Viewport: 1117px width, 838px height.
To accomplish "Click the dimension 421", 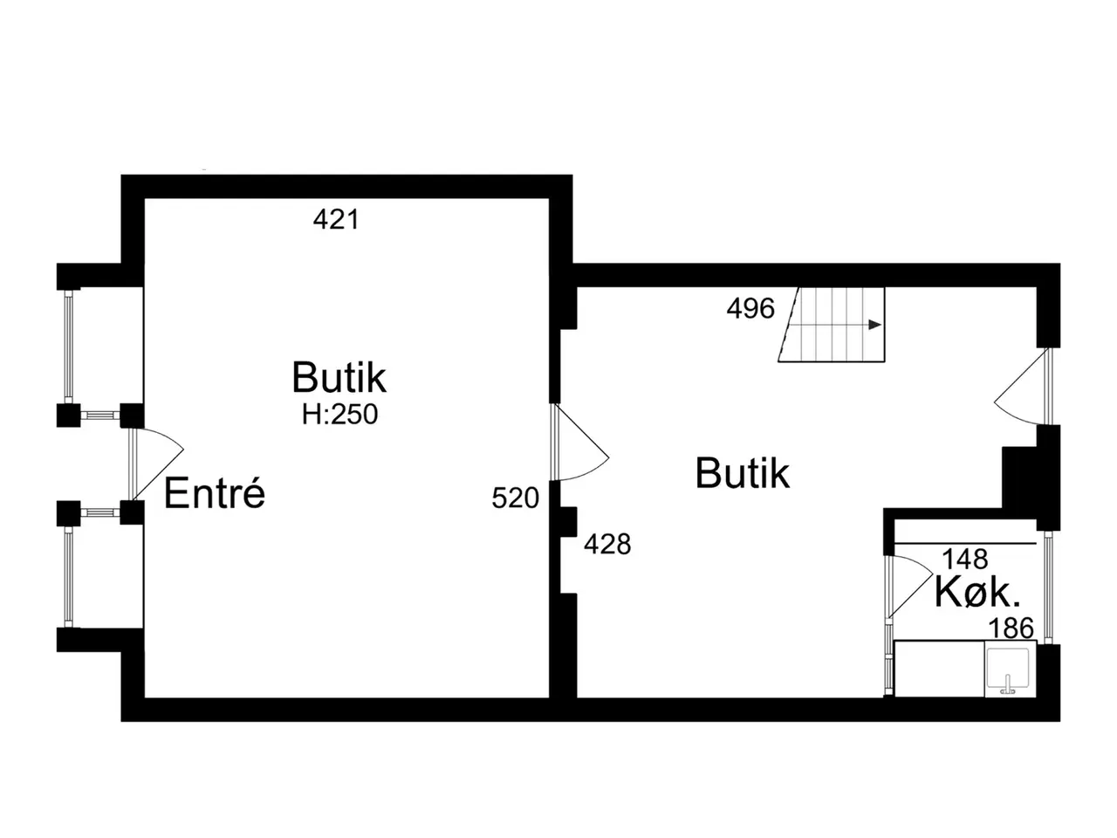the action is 336,220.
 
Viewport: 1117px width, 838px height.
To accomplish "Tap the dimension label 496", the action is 750,308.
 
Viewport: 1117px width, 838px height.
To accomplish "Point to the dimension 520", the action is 515,498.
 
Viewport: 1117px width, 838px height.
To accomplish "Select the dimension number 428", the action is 607,544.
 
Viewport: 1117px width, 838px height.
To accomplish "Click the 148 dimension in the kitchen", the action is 965,560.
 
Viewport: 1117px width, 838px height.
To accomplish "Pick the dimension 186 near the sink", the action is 1011,628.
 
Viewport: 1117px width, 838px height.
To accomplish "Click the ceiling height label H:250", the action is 339,414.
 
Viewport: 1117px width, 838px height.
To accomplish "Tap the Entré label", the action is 215,492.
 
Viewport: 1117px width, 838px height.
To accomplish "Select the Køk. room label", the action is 977,593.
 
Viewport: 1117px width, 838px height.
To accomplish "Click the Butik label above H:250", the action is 339,377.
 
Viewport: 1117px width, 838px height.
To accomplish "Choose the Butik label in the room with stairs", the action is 742,473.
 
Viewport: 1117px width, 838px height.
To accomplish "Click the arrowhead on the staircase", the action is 874,325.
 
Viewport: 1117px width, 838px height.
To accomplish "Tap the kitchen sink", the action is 1010,669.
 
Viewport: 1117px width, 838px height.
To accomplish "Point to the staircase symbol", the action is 832,325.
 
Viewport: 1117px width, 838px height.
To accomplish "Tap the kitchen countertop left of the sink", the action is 939,669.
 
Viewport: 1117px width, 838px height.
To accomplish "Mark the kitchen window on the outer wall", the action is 1048,587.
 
